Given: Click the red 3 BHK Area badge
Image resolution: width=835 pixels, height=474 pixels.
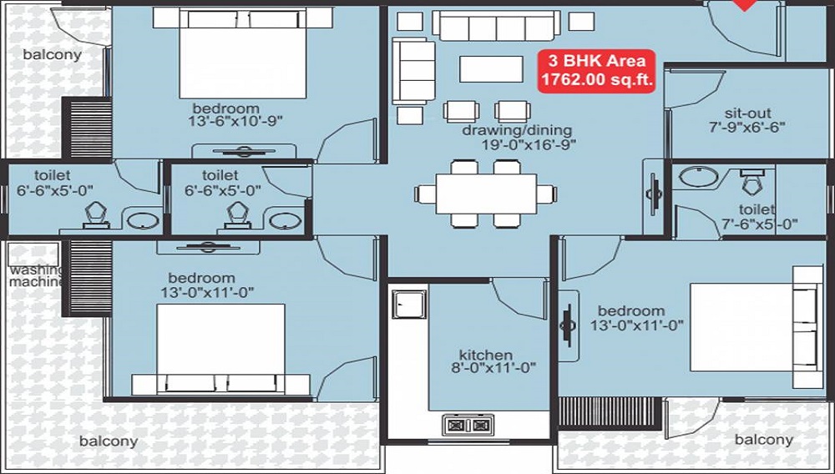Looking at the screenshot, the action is coord(596,71).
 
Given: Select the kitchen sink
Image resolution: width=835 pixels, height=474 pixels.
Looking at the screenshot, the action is coord(409,304).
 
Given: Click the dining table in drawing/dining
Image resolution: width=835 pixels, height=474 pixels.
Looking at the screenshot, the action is coord(486,194).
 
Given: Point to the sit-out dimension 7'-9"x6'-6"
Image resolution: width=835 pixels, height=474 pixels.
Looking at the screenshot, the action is coord(747,127).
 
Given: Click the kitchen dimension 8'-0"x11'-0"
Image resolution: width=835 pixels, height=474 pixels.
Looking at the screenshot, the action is coord(493,367).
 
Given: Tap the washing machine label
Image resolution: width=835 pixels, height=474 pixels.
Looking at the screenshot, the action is coord(36,276).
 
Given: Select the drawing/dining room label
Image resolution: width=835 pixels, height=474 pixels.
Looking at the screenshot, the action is coord(517,130).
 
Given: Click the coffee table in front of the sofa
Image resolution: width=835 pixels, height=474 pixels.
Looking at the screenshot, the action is coord(491,69).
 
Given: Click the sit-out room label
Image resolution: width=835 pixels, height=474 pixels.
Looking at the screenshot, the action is coord(747,113).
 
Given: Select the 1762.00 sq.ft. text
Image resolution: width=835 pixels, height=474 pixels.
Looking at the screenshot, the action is coord(596,80).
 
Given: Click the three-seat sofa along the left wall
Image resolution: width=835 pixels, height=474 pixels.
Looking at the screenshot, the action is coord(413,71).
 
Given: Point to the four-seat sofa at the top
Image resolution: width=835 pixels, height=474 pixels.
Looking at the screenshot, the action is coord(496,26).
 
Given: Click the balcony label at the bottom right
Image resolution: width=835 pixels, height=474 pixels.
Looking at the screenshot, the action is coord(764,440).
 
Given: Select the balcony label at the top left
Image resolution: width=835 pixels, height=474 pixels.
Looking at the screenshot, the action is coord(52,54).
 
